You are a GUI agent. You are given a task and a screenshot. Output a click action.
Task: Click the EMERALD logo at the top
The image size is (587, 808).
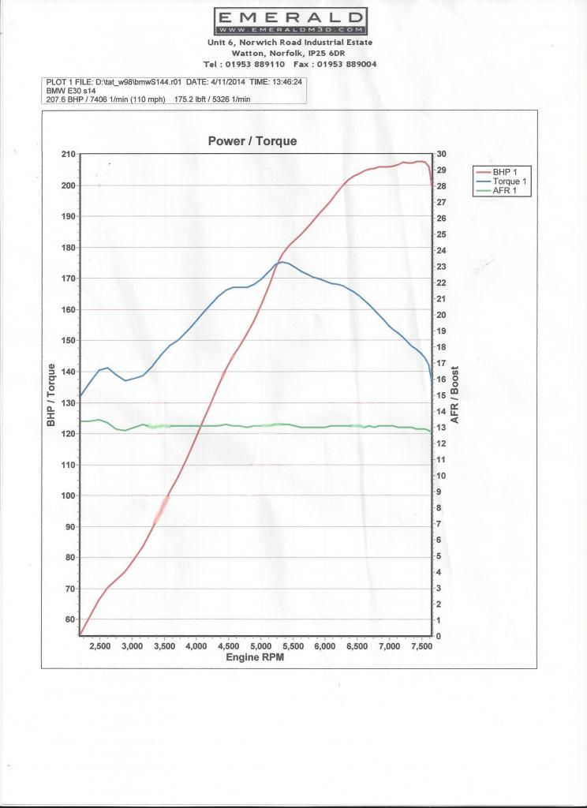pyautogui.click(x=290, y=19)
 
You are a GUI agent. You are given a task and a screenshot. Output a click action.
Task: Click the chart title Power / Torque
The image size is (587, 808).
pyautogui.click(x=252, y=141)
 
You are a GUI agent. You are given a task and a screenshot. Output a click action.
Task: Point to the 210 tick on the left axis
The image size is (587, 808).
pyautogui.click(x=68, y=154)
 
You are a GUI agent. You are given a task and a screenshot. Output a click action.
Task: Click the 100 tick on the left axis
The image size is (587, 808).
pyautogui.click(x=68, y=496)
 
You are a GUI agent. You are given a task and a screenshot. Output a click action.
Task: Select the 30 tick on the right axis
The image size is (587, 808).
pyautogui.click(x=442, y=154)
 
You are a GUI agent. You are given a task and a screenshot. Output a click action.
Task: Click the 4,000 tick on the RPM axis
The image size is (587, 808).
pyautogui.click(x=196, y=646)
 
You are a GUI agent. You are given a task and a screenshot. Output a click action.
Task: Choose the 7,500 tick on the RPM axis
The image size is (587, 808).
pyautogui.click(x=421, y=646)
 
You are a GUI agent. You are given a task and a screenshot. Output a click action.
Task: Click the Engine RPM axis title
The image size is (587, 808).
pyautogui.click(x=255, y=656)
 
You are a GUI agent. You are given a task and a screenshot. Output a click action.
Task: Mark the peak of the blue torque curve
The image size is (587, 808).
pyautogui.click(x=282, y=262)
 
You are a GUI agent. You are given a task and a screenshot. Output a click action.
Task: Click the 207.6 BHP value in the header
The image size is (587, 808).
pyautogui.click(x=65, y=100)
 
